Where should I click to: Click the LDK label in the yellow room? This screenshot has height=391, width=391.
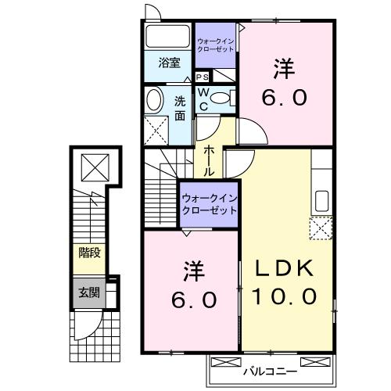coord(284,267)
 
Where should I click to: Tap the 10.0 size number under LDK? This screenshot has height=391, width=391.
coord(284,296)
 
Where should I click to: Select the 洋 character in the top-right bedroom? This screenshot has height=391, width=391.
coord(283,70)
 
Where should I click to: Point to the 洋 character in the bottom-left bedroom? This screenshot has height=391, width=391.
coord(193,273)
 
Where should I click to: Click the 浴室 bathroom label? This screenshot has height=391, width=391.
coord(169,63)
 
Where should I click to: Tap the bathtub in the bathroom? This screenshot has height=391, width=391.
coord(167,37)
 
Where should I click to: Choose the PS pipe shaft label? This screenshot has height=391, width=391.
coord(202,77)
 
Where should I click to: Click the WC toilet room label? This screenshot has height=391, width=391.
coord(202,99)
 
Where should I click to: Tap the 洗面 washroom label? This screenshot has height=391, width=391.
coord(180,107)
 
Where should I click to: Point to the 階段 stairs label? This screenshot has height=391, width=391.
coord(88,252)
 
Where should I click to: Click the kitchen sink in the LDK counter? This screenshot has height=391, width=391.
coord(321,202)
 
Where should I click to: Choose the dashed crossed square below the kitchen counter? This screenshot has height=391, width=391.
coord(321,229)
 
